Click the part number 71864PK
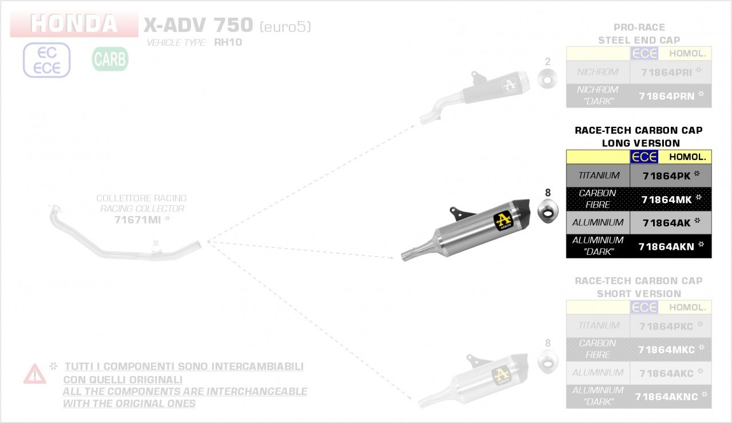(666, 175)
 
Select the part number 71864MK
(666, 199)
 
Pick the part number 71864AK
(666, 223)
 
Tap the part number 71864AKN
(666, 246)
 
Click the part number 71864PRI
(667, 72)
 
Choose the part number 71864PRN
(667, 96)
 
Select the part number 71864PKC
(666, 326)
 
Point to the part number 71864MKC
(666, 349)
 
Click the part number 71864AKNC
(666, 396)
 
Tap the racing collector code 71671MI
(137, 220)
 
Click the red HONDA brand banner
(74, 23)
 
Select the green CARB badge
(110, 59)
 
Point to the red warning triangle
(35, 374)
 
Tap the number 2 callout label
(547, 62)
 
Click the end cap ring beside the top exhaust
(548, 79)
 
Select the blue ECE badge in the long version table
(644, 157)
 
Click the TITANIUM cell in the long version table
(598, 175)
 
